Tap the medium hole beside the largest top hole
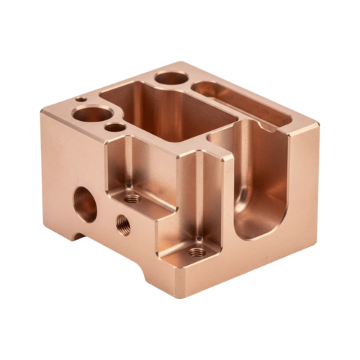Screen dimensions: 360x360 114,128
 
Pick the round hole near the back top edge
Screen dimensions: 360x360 169,78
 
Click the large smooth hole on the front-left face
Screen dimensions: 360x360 85,204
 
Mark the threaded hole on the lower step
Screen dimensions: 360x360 195,251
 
